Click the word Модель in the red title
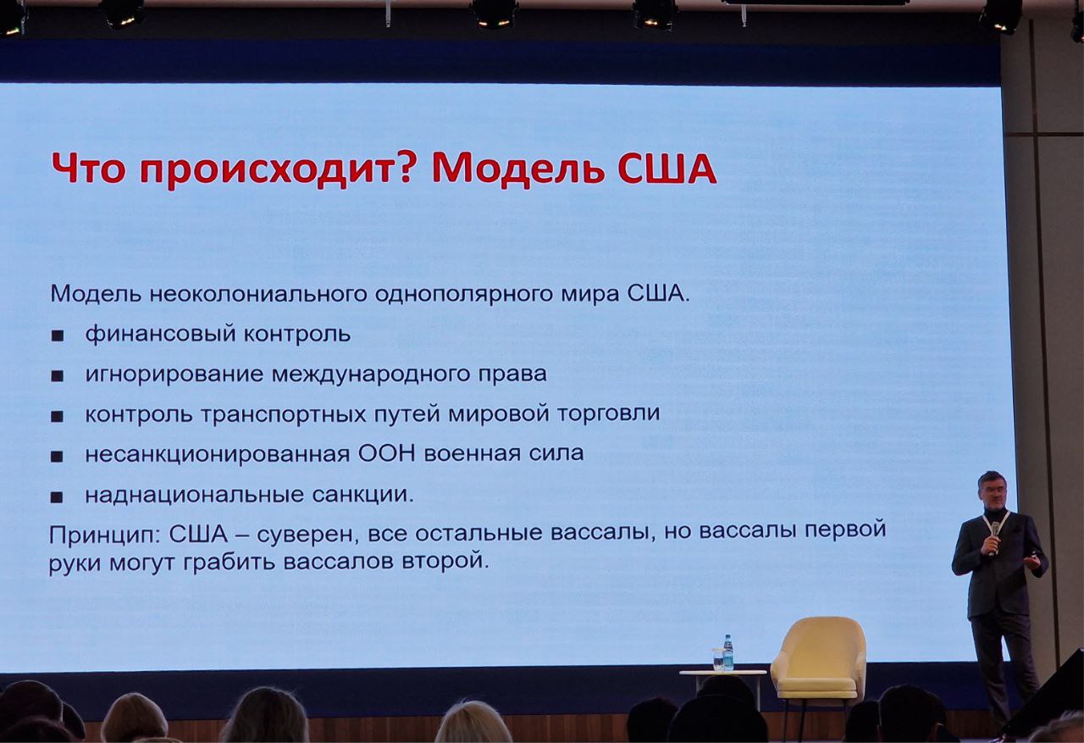517,169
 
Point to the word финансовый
161,334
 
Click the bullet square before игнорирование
57,376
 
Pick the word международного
371,374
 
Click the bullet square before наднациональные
57,497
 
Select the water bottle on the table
727,652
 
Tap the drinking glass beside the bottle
717,659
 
